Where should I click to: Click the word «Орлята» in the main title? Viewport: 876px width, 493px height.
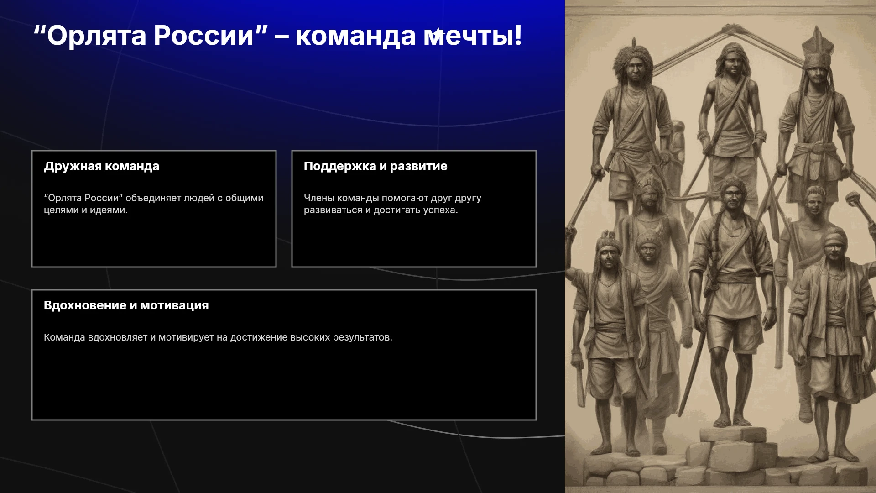97,36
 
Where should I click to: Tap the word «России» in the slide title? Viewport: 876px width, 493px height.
203,36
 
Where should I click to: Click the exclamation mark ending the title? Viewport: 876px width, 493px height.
518,35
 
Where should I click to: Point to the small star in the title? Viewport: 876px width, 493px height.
438,34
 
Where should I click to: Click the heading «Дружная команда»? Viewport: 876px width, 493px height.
101,166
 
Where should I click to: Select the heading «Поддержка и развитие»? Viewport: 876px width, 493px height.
375,166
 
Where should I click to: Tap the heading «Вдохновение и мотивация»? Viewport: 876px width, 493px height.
126,305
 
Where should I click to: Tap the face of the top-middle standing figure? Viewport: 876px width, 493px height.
733,64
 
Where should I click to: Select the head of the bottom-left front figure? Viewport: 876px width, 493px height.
608,253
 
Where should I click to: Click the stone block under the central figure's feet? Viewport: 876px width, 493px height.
733,435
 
